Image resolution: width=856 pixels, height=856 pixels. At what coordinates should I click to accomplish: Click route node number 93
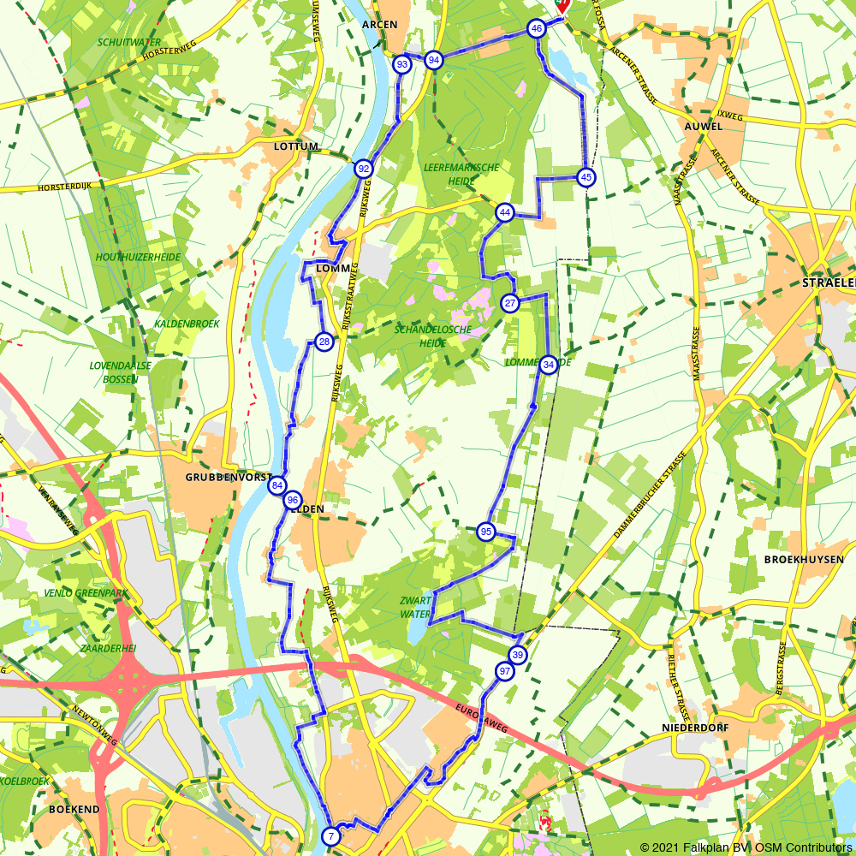coord(401,64)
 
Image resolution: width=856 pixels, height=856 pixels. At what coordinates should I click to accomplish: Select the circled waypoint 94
coord(434,60)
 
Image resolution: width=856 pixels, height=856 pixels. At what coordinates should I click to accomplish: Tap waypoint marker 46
coord(537,28)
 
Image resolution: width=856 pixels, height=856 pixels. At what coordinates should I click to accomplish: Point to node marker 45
coord(586,177)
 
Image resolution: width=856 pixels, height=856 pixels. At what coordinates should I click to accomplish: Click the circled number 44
coord(505,212)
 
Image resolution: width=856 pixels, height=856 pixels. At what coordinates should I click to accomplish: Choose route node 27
coord(510,303)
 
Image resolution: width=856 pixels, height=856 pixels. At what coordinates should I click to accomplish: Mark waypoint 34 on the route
coord(550,364)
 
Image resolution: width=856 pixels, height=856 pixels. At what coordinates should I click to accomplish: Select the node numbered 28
coord(324,342)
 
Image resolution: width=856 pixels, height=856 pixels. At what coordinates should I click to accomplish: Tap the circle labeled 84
coord(276,485)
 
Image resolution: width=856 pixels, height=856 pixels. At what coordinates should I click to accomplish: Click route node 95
coord(486,532)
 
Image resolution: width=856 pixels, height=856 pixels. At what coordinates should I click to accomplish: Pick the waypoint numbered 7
coord(330,835)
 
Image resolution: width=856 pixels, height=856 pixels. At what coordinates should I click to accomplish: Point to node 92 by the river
coord(364,169)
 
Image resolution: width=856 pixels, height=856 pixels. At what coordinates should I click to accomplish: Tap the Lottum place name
coord(296,146)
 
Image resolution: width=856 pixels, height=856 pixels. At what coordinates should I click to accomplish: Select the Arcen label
coord(380,24)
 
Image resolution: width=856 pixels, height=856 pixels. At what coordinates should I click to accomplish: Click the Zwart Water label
coord(415,607)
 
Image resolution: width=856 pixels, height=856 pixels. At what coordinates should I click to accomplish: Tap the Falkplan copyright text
coord(746,847)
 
